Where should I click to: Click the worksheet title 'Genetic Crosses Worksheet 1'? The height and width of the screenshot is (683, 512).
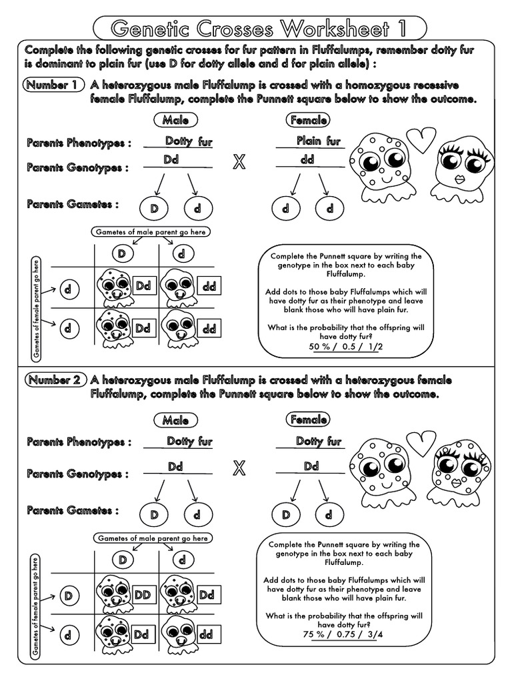click(259, 28)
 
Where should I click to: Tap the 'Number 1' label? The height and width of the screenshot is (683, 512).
click(55, 85)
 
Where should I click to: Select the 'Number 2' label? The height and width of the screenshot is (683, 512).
click(55, 380)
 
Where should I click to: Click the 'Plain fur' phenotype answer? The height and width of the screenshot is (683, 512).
click(318, 141)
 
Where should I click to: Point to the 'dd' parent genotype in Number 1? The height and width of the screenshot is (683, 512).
click(307, 160)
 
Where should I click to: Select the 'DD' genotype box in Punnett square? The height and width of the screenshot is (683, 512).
click(142, 594)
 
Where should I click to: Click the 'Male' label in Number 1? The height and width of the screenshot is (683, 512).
click(175, 120)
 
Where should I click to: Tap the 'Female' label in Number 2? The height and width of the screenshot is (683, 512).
click(309, 420)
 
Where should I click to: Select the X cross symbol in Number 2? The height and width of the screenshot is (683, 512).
click(238, 468)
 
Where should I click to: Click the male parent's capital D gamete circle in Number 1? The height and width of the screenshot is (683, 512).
click(154, 208)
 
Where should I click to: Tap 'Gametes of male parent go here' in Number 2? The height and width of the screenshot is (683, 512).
click(153, 538)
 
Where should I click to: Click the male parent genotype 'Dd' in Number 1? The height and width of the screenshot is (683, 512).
click(171, 160)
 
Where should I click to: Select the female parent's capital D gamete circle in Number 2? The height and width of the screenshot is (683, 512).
click(286, 514)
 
